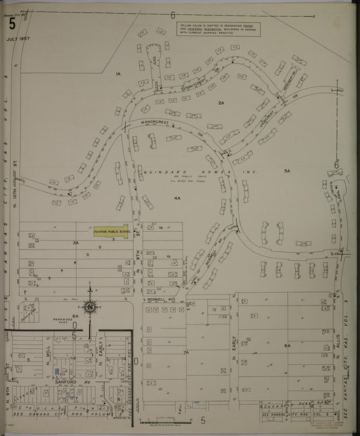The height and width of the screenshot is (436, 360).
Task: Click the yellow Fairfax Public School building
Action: tap(111, 231)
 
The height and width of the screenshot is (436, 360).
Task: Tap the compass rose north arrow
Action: tap(90, 306)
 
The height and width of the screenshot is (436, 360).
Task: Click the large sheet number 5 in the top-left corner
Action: tap(12, 24)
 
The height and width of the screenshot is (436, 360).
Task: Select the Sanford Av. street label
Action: tap(68, 382)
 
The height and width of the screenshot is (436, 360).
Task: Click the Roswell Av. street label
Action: tap(161, 296)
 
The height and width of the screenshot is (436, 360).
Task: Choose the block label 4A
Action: tap(177, 199)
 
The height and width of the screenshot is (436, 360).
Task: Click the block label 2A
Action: tap(221, 102)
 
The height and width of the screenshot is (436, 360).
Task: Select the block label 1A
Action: tap(117, 73)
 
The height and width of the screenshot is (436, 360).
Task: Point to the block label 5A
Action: tap(287, 172)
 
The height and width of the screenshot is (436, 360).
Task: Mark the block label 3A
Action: tap(76, 241)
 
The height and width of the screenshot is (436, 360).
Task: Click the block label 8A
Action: tap(286, 345)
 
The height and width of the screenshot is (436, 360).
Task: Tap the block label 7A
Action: tap(186, 352)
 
